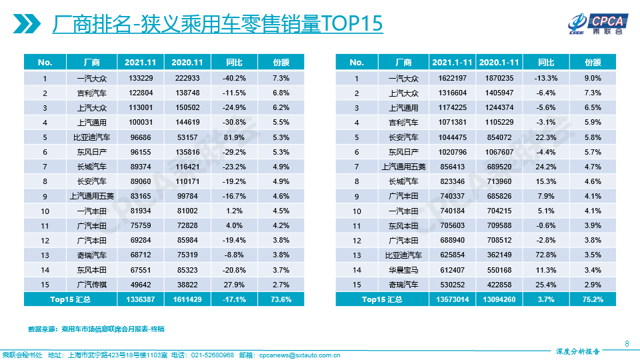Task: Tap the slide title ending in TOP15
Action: coord(217,24)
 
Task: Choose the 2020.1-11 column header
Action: coord(499,62)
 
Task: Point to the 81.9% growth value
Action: coord(234,137)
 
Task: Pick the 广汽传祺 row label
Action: coord(91,285)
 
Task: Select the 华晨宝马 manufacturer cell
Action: coord(403,270)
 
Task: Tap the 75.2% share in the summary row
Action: coord(593,299)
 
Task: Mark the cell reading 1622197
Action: coord(452,78)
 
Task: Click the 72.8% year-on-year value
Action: coord(546,255)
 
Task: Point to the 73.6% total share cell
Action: coord(281,299)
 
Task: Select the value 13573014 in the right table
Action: coord(452,299)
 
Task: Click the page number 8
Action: coord(627,343)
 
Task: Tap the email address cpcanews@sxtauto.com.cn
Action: coord(299,355)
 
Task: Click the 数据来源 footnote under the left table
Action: coord(96,329)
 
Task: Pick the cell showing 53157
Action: coord(187,137)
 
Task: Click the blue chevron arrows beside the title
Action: coord(26,24)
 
